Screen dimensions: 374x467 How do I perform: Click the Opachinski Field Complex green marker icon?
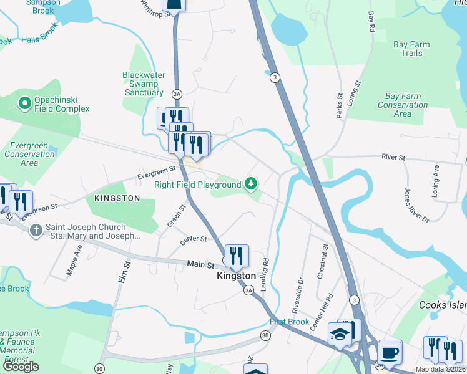point(25,103)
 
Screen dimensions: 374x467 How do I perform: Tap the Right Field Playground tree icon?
point(250,183)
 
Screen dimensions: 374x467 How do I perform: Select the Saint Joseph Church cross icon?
point(37,230)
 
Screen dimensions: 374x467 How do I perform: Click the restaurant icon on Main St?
point(237,256)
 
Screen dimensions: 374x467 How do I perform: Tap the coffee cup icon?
point(390,352)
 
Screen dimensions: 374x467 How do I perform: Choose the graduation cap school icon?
point(340,334)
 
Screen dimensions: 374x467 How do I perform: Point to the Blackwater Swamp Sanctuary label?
point(144,84)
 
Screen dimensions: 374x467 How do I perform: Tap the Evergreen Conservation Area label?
point(29,154)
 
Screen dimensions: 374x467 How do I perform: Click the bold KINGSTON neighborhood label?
point(117,198)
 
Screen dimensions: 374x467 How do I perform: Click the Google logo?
point(21,366)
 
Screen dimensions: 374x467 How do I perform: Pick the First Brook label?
point(290,322)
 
